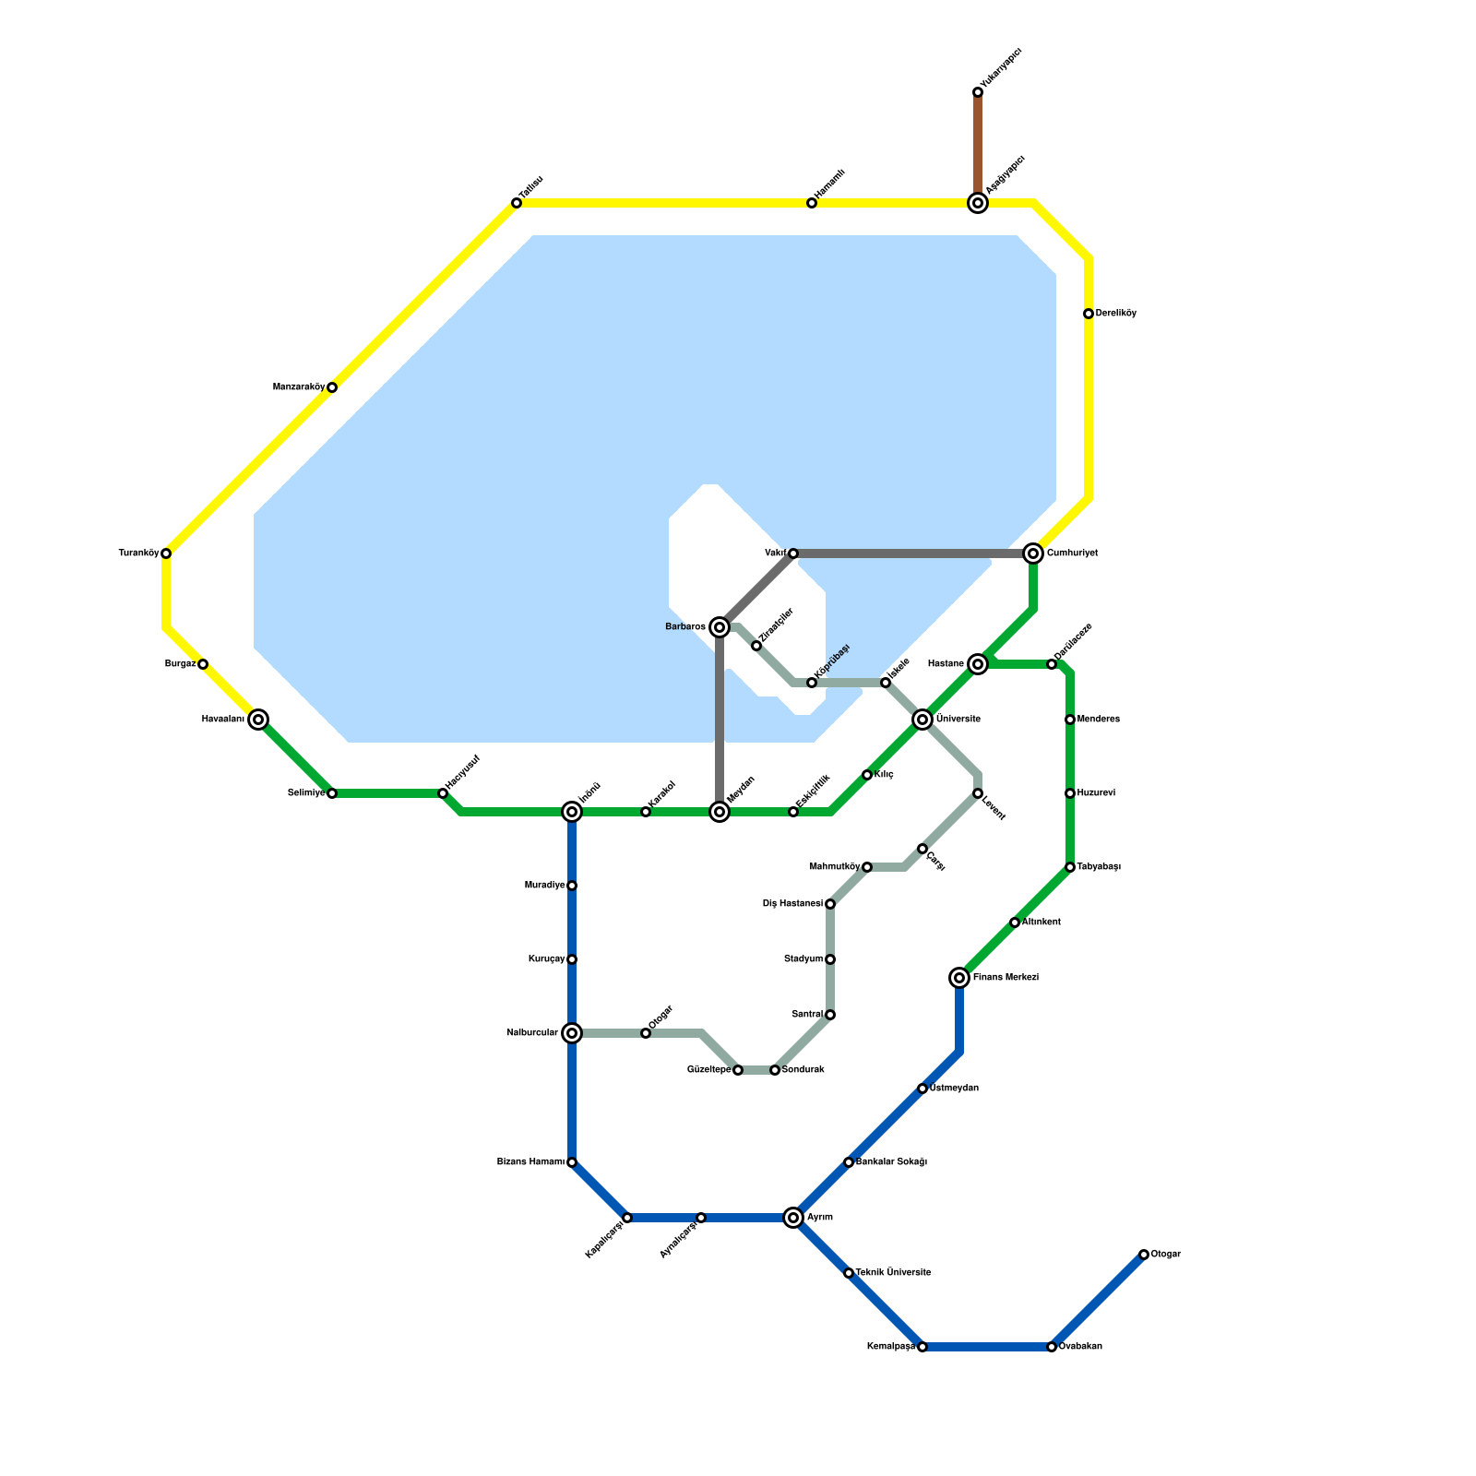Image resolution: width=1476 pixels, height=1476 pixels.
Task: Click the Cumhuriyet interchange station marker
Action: pos(1033,553)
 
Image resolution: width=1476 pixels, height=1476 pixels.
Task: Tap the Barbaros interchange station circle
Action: pos(720,627)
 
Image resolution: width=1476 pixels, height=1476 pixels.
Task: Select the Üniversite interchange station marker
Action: pos(922,720)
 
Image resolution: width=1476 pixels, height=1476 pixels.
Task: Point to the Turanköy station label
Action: pos(138,553)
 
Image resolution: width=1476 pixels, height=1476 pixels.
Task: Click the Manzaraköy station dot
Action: pos(332,387)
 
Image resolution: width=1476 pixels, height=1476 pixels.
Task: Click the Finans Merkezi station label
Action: pos(1006,978)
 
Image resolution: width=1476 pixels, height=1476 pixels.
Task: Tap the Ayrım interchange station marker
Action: pos(793,1218)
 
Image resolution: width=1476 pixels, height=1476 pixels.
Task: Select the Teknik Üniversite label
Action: pos(893,1273)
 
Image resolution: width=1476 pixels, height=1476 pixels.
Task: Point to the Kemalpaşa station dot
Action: pos(922,1347)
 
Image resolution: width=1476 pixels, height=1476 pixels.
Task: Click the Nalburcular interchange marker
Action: pos(572,1033)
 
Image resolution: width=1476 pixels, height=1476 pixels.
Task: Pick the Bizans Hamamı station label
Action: pos(530,1162)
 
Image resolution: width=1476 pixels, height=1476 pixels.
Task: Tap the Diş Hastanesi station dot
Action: pos(830,904)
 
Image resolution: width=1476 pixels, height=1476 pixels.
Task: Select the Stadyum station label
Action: pos(803,959)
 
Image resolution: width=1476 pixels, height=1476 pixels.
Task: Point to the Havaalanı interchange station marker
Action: pos(258,720)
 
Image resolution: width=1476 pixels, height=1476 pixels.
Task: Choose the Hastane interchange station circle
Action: pos(978,664)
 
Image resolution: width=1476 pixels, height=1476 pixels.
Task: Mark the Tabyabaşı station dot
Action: pos(1070,867)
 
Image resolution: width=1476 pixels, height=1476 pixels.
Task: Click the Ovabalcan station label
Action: pos(1080,1347)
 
